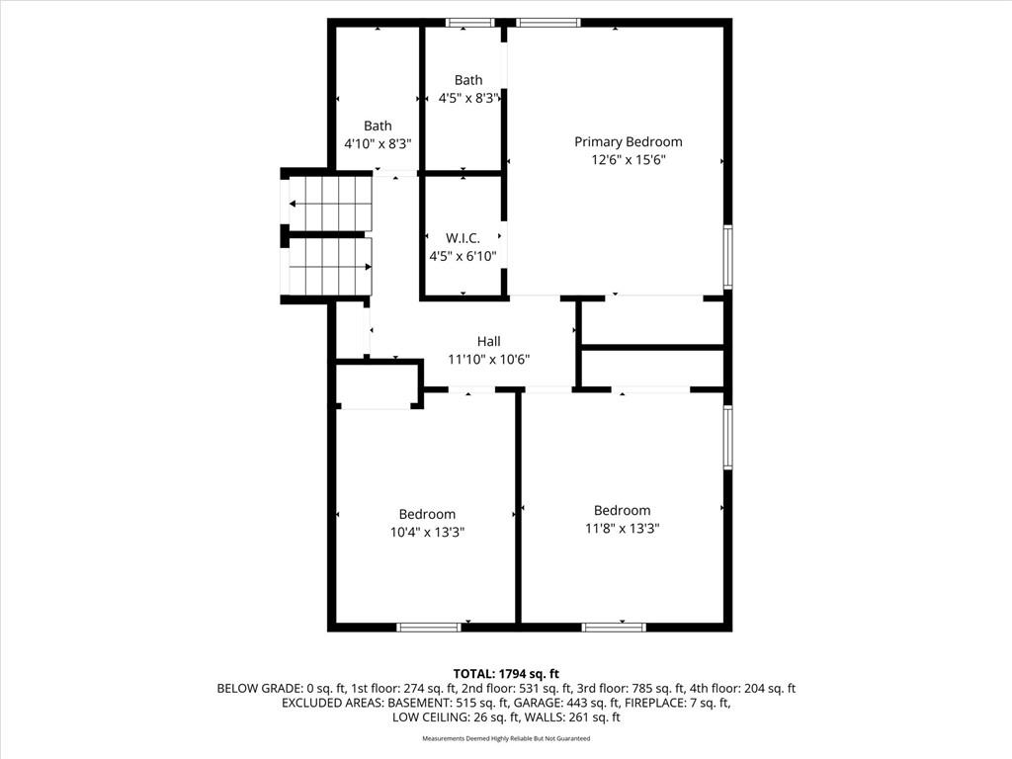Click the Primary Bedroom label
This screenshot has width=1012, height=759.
coord(628,142)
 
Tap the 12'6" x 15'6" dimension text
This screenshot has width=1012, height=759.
coord(628,159)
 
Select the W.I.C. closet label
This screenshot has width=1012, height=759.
coord(463,238)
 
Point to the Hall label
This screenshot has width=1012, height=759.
coord(488,341)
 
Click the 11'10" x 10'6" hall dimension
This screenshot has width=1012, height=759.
coord(488,360)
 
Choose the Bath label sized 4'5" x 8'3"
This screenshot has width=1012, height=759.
coord(467,80)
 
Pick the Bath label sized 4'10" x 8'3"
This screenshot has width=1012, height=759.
coord(378,126)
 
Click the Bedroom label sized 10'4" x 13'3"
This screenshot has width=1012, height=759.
coord(427,514)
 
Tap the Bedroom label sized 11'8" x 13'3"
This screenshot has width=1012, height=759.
coord(623,511)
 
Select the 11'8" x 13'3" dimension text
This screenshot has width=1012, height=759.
coord(623,529)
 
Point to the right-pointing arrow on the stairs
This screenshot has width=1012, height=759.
coord(330,266)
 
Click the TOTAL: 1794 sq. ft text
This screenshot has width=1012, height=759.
coord(506,674)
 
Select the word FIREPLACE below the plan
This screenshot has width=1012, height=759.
coord(654,703)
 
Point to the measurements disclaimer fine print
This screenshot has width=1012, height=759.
coord(506,738)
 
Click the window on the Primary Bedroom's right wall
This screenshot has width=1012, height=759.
coord(727,256)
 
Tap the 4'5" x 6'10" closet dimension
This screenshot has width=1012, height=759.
coord(463,256)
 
